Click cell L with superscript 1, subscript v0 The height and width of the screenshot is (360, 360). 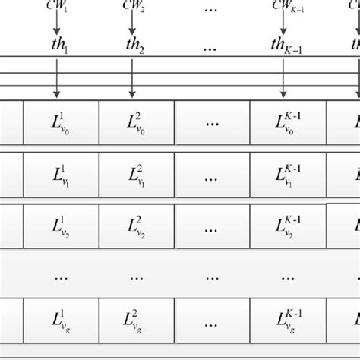coord(61,122)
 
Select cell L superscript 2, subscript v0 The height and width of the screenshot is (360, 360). coord(137,122)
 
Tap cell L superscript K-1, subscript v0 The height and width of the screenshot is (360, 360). coord(289,122)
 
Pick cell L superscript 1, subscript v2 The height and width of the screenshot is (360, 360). coord(61,227)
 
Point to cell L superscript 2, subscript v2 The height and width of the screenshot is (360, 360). coord(137,227)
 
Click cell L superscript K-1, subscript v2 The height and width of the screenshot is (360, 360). coord(289,227)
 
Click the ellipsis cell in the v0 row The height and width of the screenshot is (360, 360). coord(213,122)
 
